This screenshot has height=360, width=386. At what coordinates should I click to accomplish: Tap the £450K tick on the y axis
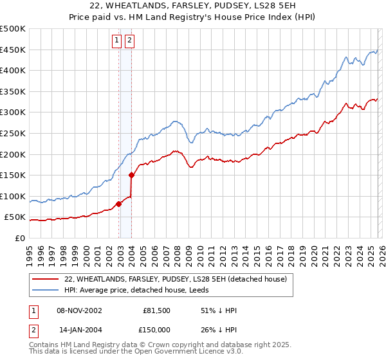point(12,50)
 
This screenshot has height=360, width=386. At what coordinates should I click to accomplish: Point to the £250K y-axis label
point(12,133)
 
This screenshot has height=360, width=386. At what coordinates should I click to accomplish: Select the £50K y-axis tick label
point(15,217)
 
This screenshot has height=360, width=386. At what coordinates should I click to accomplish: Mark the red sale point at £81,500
point(119,204)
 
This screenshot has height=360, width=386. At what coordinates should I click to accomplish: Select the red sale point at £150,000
point(132,175)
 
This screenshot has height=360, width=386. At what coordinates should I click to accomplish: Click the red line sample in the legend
point(45,279)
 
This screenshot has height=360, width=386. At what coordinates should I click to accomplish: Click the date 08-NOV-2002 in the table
point(80,310)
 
